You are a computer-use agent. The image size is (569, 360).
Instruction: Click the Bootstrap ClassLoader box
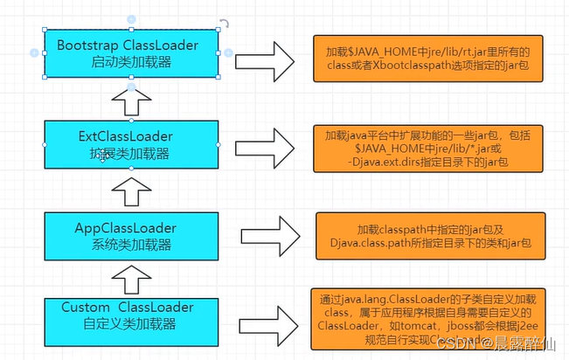coord(130,52)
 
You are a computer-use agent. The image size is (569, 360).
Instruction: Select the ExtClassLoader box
coord(130,144)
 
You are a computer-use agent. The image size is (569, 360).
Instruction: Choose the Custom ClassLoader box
coord(130,315)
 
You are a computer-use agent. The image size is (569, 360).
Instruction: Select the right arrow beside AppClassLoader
coord(267,236)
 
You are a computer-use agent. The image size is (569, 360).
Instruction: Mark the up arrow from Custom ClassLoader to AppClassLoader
coord(130,279)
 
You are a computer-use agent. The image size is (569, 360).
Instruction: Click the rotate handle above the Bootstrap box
coord(225,24)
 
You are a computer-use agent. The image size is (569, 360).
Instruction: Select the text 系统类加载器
coord(130,244)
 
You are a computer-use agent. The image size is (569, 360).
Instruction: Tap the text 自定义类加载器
coord(130,323)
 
